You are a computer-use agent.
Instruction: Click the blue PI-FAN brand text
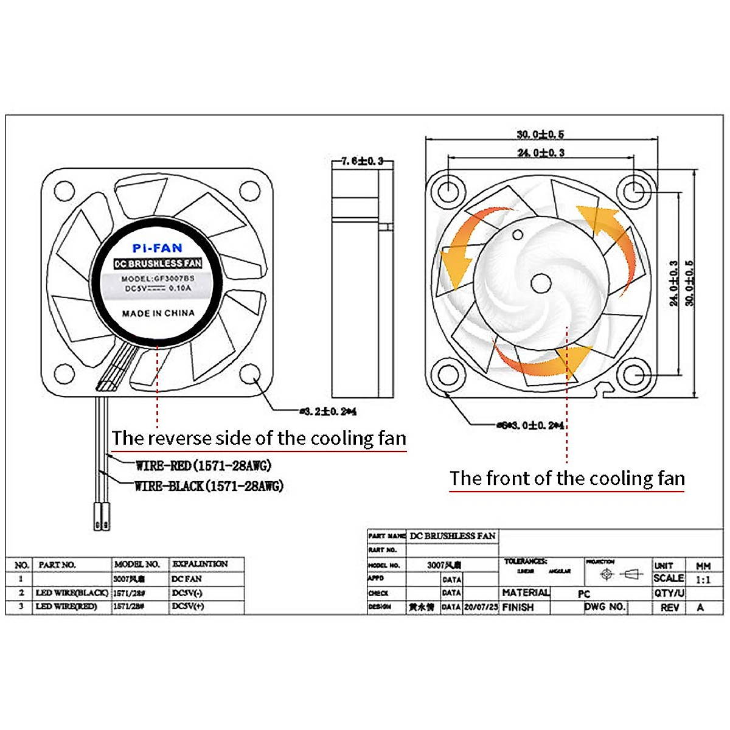[x=157, y=248]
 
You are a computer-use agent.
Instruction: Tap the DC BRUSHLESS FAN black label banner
[x=158, y=263]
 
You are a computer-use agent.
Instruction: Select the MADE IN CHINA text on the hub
[x=158, y=313]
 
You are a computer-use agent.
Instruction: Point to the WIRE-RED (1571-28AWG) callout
[x=203, y=466]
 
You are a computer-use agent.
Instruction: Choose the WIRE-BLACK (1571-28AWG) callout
[x=209, y=486]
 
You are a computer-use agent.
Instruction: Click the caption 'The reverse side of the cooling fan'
[x=259, y=439]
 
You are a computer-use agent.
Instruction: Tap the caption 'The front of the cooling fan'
[x=567, y=479]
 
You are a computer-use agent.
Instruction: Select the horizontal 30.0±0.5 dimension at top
[x=540, y=134]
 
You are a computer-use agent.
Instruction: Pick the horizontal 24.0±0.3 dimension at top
[x=541, y=153]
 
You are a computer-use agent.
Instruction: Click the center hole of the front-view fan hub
[x=540, y=283]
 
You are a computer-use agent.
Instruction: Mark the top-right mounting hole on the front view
[x=634, y=191]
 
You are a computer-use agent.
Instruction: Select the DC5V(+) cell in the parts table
[x=188, y=607]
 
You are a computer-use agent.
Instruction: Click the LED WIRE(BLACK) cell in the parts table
[x=72, y=593]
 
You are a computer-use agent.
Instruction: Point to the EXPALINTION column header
[x=200, y=564]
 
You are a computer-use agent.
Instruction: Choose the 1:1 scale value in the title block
[x=703, y=580]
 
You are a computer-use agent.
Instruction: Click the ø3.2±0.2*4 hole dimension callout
[x=328, y=412]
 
